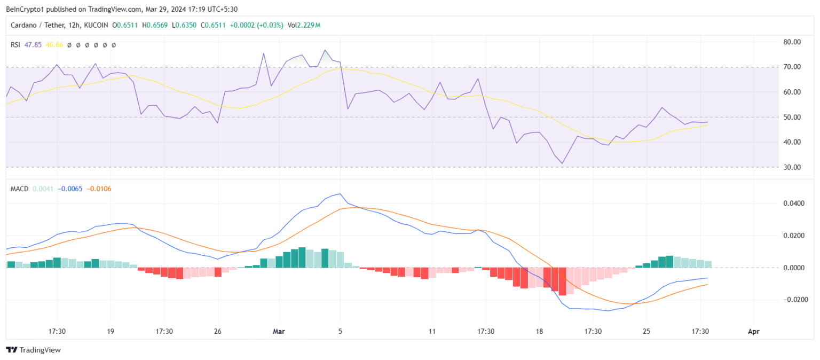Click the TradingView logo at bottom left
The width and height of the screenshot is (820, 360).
coord(33,350)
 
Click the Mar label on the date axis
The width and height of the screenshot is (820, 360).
coord(278,332)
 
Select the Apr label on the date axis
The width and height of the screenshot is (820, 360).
coord(753,332)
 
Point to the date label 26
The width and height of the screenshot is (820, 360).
coord(217,332)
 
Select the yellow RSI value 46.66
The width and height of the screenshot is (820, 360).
coord(54,45)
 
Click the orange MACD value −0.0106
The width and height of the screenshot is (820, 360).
coord(100,189)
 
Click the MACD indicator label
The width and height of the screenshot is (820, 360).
coord(19,189)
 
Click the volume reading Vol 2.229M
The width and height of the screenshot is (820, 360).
coord(303,25)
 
